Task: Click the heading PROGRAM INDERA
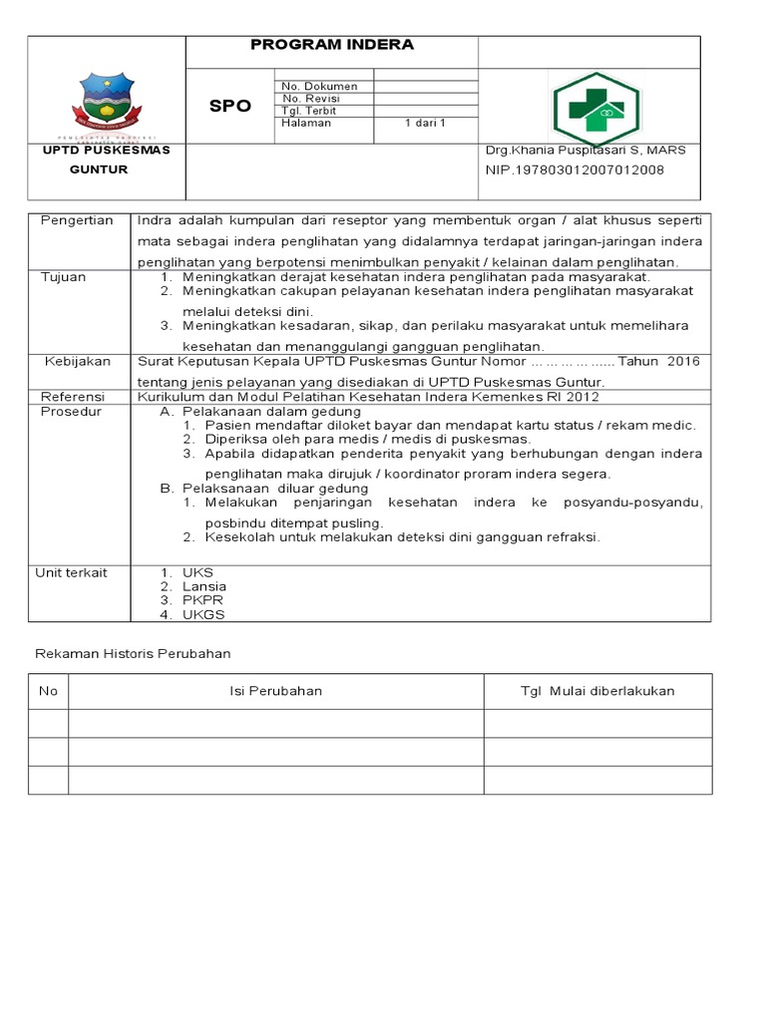pyautogui.click(x=332, y=45)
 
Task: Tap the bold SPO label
pyautogui.click(x=230, y=106)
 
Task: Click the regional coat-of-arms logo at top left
pyautogui.click(x=107, y=104)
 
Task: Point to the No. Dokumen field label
pyautogui.click(x=319, y=87)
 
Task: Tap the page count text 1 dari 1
pyautogui.click(x=425, y=124)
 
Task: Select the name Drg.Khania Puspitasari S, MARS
pyautogui.click(x=585, y=150)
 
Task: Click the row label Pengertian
pyautogui.click(x=77, y=220)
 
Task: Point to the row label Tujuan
pyautogui.click(x=63, y=276)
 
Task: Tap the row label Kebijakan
pyautogui.click(x=78, y=361)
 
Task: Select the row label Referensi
pyautogui.click(x=73, y=396)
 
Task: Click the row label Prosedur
pyautogui.click(x=70, y=411)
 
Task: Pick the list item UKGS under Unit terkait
pyautogui.click(x=203, y=614)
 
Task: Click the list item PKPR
pyautogui.click(x=202, y=600)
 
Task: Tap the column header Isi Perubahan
pyautogui.click(x=275, y=691)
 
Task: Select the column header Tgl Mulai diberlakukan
pyautogui.click(x=597, y=691)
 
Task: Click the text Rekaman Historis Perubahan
pyautogui.click(x=133, y=654)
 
